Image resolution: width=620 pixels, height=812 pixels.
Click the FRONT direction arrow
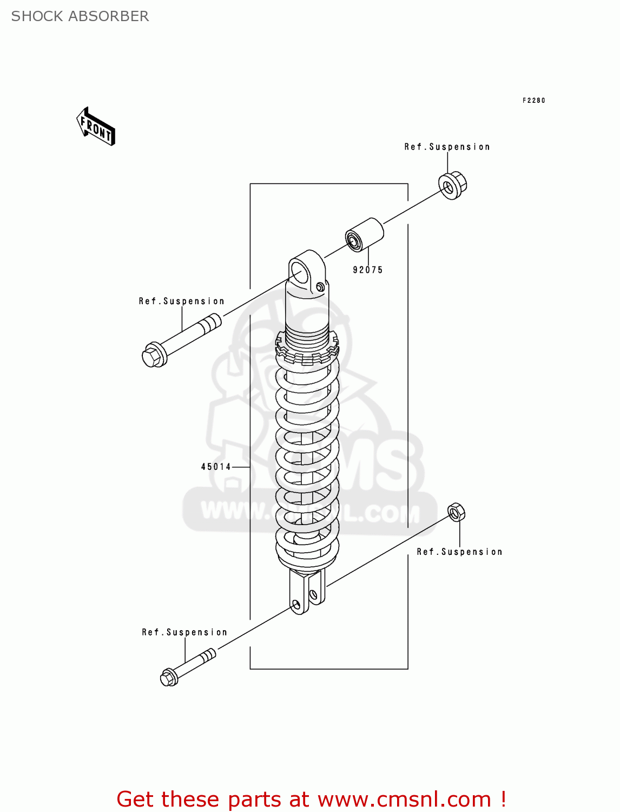pos(96,127)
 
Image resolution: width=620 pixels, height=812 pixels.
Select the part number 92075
pos(367,270)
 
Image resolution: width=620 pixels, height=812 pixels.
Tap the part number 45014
pos(216,467)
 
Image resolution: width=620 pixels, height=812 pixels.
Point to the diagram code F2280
pos(533,100)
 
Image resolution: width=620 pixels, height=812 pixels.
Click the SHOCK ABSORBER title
pos(80,16)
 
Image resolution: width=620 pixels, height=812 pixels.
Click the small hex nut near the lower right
pos(456,512)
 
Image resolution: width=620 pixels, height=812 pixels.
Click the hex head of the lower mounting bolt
pos(169,677)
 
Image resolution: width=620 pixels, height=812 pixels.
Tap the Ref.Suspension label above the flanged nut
pos(447,147)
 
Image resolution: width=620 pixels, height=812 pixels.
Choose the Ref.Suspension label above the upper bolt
pos(181,301)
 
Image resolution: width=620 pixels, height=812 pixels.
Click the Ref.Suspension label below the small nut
pos(459,552)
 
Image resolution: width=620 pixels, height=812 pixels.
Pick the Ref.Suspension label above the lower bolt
pos(184,632)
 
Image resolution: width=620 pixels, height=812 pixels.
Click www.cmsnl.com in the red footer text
pos(404,800)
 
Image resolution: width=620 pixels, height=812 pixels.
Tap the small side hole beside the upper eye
pos(320,286)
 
